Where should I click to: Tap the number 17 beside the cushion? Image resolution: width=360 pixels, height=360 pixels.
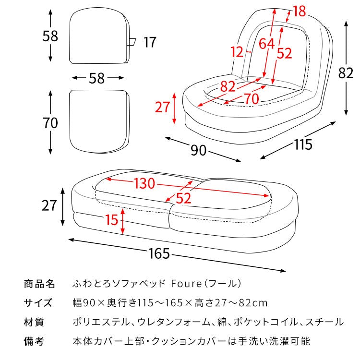click(x=150, y=43)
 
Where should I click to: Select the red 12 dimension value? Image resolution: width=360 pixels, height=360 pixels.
click(x=237, y=51)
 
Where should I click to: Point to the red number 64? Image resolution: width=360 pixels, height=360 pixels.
click(x=266, y=44)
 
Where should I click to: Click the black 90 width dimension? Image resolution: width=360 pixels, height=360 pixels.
click(x=198, y=150)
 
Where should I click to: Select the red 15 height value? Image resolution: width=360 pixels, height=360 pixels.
click(x=111, y=220)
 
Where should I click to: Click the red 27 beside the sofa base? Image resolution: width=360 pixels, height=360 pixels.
click(x=162, y=107)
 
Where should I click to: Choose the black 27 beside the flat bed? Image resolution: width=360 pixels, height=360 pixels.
click(x=49, y=206)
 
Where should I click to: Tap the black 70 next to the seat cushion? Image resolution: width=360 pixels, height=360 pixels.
click(x=50, y=123)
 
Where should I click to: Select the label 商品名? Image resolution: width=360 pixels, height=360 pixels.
click(x=40, y=284)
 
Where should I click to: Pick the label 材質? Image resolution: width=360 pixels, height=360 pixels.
click(x=34, y=322)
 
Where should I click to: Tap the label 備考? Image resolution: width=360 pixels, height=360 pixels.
click(x=34, y=342)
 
